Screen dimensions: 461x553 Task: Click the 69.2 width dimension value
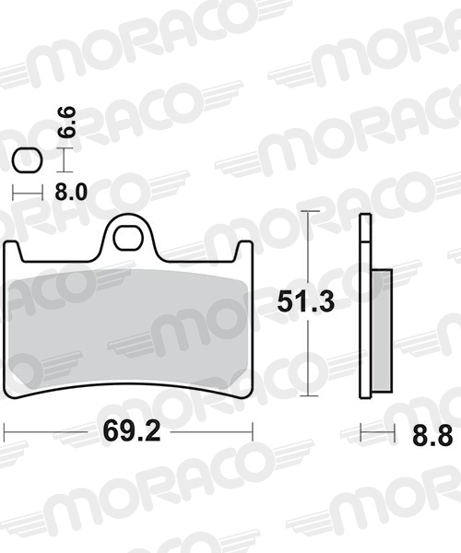(132, 431)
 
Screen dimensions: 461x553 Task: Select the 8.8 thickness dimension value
(432, 436)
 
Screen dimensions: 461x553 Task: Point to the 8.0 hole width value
(71, 193)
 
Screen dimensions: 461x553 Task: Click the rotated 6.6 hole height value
(66, 122)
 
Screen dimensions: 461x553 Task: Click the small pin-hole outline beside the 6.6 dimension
(27, 161)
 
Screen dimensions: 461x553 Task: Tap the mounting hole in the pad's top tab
(127, 238)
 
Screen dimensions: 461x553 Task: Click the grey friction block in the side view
(382, 330)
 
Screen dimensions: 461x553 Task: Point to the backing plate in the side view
(365, 306)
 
